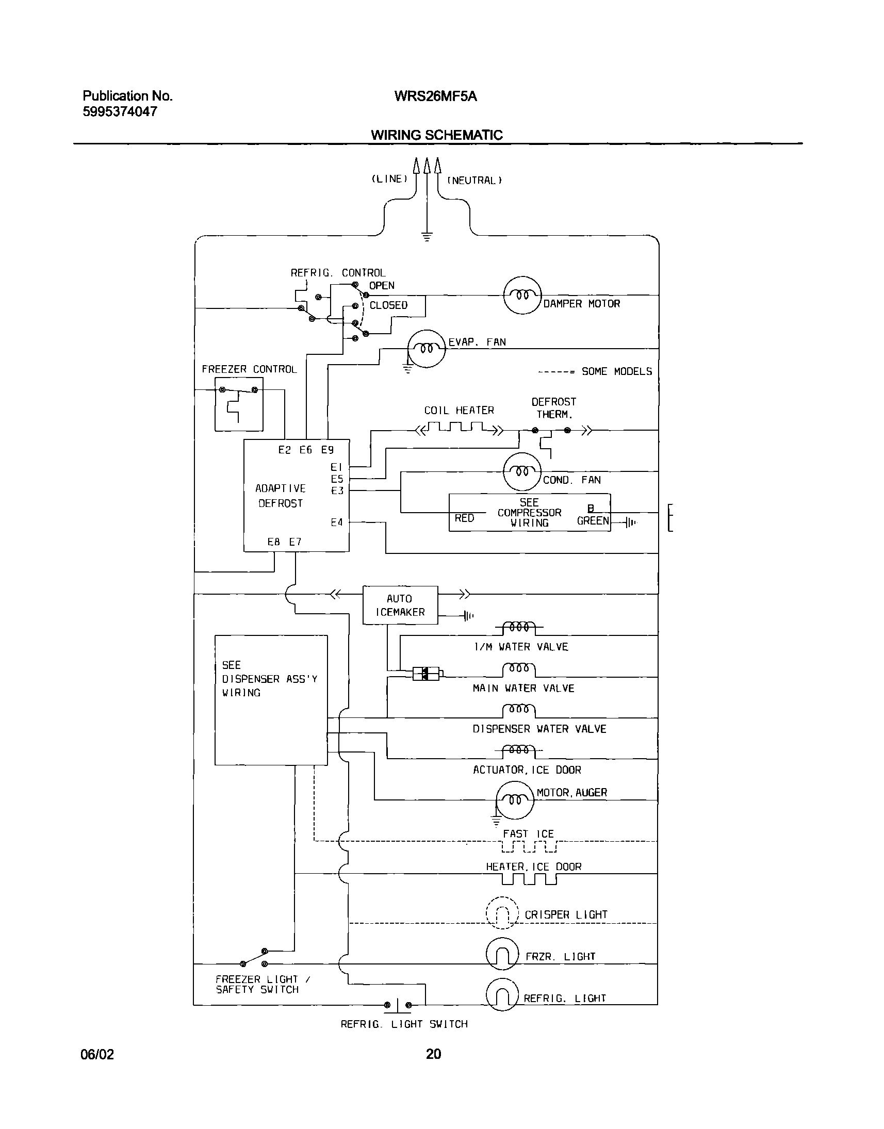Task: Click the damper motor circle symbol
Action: click(x=522, y=295)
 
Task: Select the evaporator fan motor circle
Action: click(x=427, y=348)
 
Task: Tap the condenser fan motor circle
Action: click(x=522, y=471)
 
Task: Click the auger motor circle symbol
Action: click(x=514, y=800)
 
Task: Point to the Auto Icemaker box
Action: click(x=400, y=604)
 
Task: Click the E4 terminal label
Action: click(x=336, y=522)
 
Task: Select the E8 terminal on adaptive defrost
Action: click(x=273, y=542)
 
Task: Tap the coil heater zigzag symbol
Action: click(x=459, y=428)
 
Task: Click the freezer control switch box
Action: click(x=239, y=404)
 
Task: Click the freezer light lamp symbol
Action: click(x=502, y=954)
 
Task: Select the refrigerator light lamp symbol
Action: click(x=502, y=995)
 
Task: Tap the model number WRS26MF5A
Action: click(x=435, y=96)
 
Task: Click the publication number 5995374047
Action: click(x=120, y=112)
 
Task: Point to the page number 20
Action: click(x=433, y=1053)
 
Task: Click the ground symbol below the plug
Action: click(x=427, y=237)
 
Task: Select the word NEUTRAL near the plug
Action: click(x=474, y=180)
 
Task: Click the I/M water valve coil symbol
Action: click(x=519, y=627)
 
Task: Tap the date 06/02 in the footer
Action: click(x=97, y=1054)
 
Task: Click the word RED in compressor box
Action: click(x=464, y=518)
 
